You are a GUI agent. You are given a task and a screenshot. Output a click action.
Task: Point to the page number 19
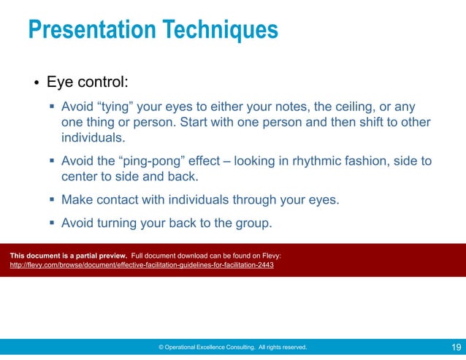tap(455, 347)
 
